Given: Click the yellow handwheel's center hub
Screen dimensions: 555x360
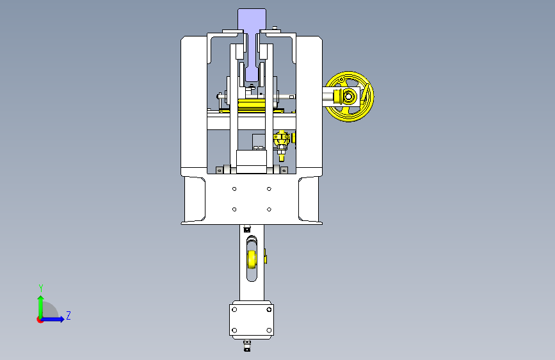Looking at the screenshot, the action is click(x=349, y=96).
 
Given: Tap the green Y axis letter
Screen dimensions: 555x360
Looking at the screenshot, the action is click(x=41, y=288).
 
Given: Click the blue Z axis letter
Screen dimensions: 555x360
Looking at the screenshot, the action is click(x=68, y=315).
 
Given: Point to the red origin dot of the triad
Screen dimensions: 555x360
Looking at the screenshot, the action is click(x=40, y=320).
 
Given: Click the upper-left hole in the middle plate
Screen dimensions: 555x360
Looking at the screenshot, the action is click(x=234, y=189).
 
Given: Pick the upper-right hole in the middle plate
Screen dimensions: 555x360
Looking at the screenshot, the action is click(x=269, y=189).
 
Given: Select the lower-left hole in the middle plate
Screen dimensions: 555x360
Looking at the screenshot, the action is click(x=234, y=209).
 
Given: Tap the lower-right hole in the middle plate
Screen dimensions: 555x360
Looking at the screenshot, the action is click(x=269, y=209).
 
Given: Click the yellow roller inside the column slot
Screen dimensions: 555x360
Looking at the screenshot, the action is click(x=252, y=259).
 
